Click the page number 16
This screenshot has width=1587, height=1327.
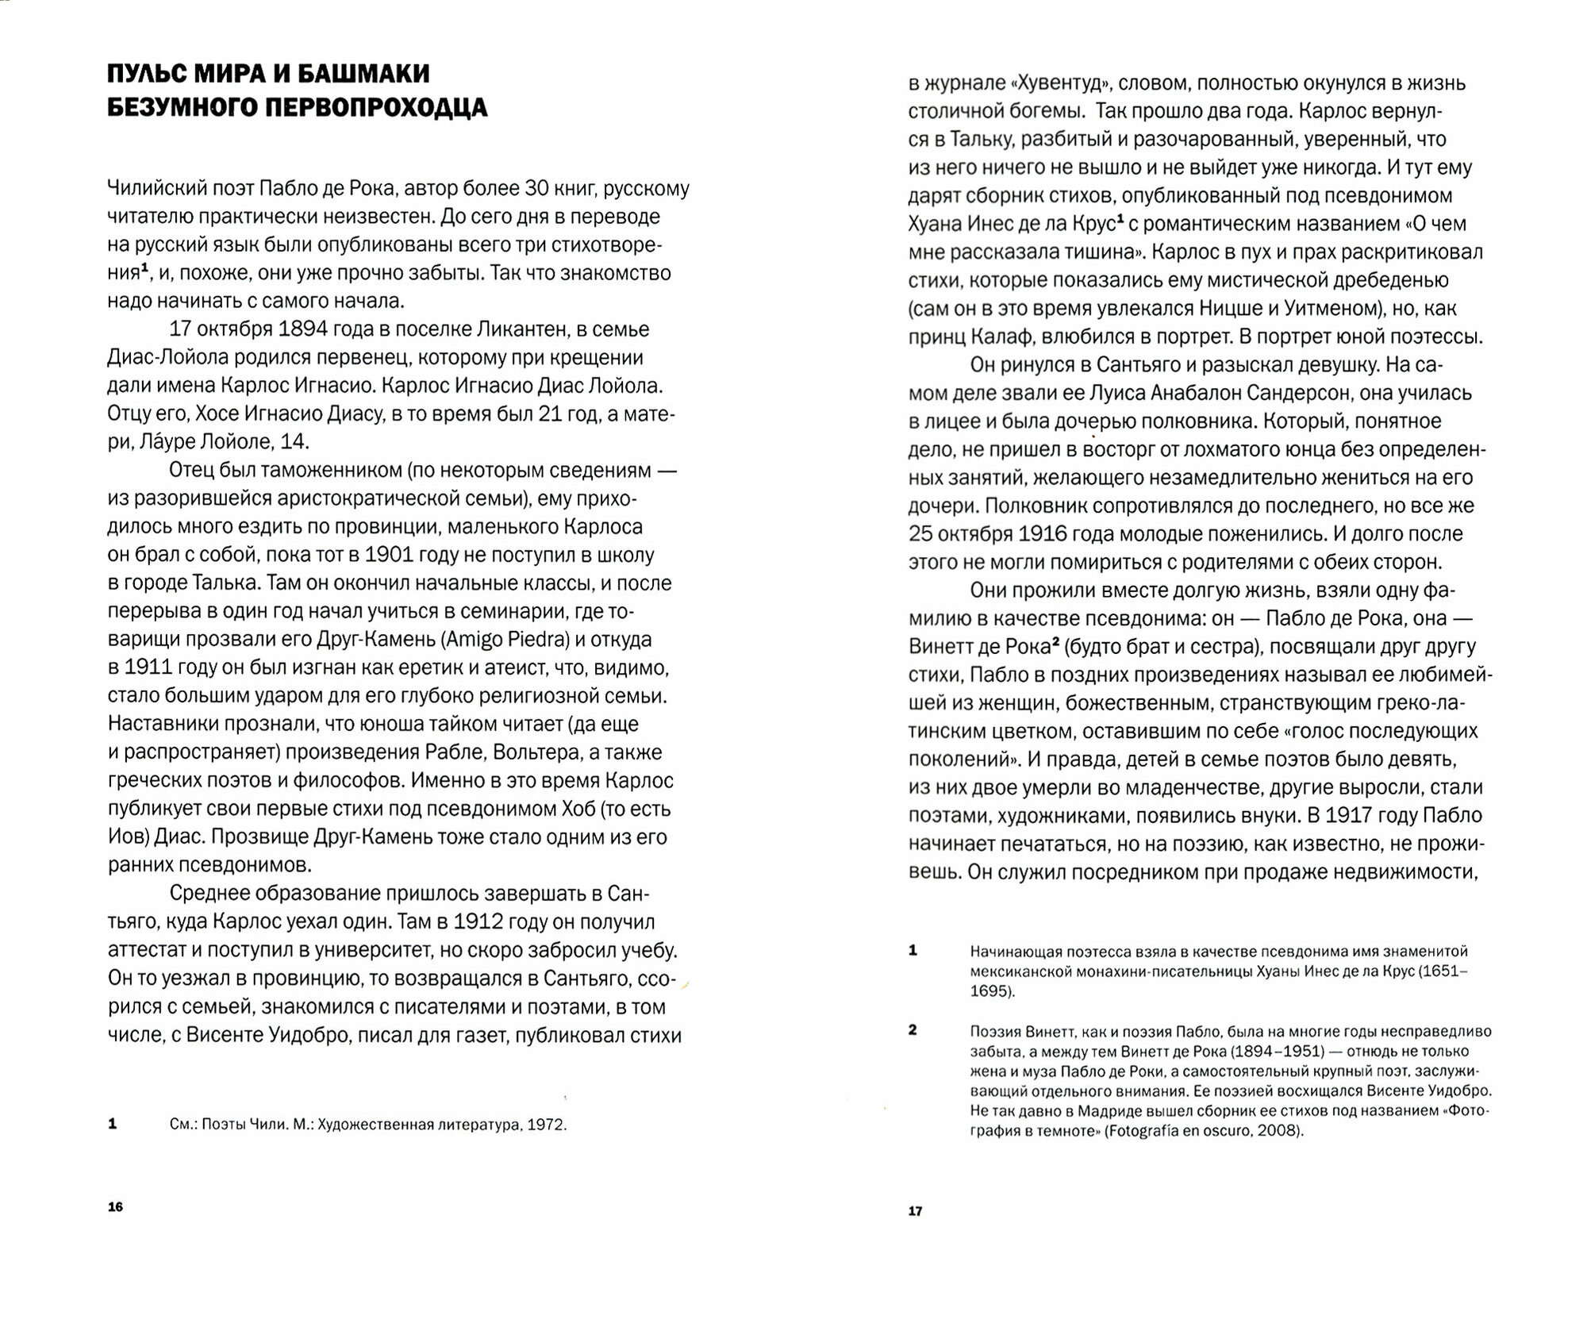(116, 1207)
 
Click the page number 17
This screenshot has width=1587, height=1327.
(915, 1212)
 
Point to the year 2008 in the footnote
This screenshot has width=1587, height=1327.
(1280, 1131)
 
